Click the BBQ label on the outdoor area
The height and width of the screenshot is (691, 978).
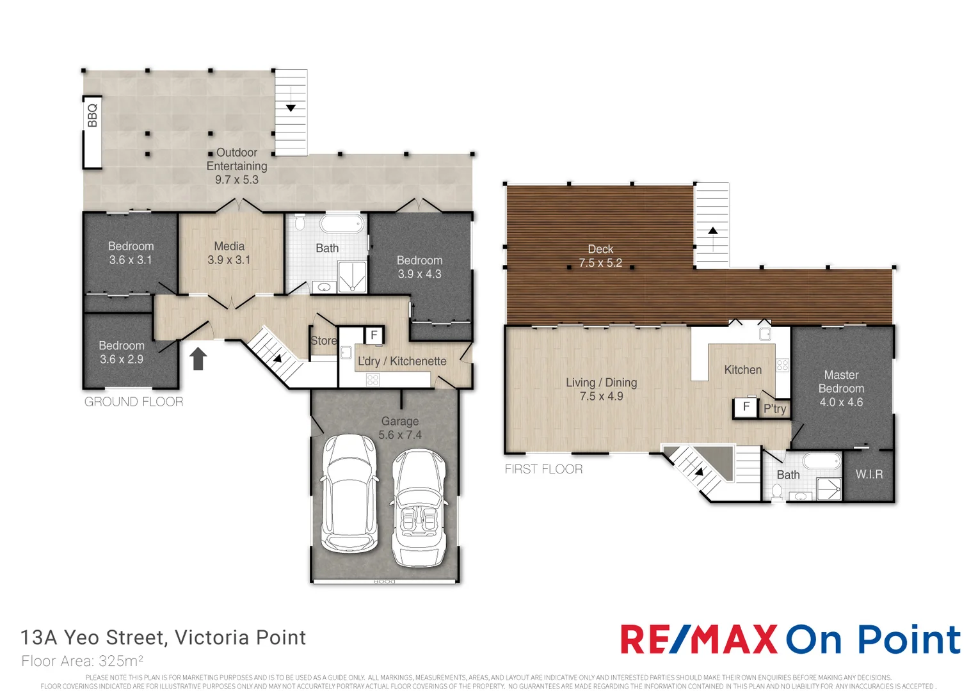93,115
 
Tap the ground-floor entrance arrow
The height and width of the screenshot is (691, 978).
198,358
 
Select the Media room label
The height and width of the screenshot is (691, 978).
229,246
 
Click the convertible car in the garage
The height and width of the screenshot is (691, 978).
419,507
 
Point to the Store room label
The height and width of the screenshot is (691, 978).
324,340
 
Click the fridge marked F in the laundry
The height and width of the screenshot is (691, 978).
374,335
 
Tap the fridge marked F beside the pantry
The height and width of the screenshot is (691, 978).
746,406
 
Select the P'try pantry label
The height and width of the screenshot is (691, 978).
775,409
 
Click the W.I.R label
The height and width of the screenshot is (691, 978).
869,474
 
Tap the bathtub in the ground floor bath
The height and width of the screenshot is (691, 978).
341,225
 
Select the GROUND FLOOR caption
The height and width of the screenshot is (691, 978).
134,402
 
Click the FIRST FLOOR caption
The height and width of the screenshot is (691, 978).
543,469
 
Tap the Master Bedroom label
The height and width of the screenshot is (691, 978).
841,381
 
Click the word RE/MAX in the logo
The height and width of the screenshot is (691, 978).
699,639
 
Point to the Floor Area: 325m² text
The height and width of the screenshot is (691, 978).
83,661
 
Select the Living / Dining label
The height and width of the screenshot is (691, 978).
601,383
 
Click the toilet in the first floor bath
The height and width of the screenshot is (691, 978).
777,492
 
